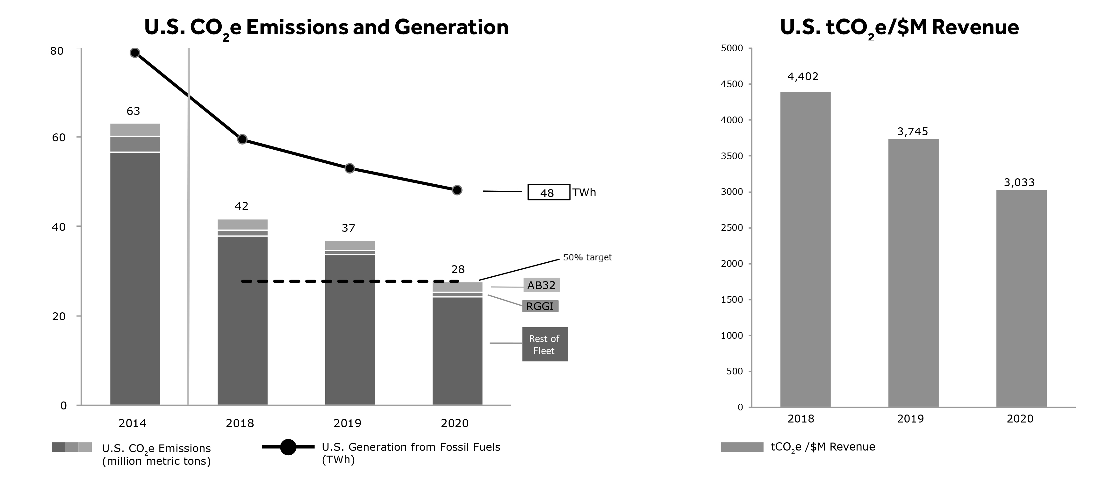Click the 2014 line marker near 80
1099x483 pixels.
click(135, 53)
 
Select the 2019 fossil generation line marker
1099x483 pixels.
click(349, 168)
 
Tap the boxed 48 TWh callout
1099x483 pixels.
click(549, 192)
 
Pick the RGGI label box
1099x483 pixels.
click(540, 306)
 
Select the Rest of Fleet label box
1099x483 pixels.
click(545, 344)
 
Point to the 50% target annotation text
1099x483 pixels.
click(587, 258)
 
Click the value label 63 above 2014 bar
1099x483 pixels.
click(133, 111)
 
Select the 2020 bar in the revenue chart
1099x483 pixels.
click(1021, 298)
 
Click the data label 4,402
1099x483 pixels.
click(802, 77)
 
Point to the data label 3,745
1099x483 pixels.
click(912, 132)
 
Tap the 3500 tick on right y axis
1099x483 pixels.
click(732, 156)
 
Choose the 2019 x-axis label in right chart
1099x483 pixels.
click(910, 419)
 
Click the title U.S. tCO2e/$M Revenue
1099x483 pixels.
click(899, 27)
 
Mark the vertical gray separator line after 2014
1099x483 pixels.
click(189, 226)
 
